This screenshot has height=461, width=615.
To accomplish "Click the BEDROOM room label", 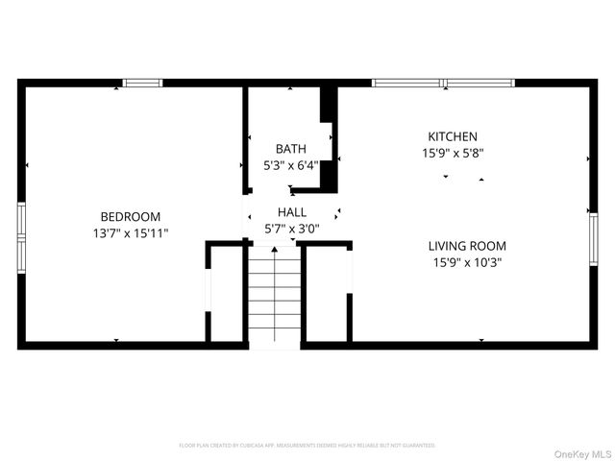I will (x=131, y=217).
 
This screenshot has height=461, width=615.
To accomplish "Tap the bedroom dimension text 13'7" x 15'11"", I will (x=131, y=233).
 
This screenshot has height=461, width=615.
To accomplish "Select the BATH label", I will (x=291, y=149).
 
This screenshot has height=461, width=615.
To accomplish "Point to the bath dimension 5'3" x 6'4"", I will (x=291, y=165).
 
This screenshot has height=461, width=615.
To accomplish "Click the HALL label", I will (x=292, y=212).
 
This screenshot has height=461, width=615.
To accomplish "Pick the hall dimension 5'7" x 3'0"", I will (x=292, y=229).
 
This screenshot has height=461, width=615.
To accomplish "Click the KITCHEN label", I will (x=452, y=137).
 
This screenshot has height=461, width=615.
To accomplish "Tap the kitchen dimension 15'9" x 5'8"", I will (x=452, y=154).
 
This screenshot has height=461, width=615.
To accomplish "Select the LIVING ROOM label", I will (x=467, y=246).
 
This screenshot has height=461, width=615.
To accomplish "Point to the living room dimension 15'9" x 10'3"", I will (x=467, y=262).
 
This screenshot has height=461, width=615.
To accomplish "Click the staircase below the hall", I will (x=277, y=298).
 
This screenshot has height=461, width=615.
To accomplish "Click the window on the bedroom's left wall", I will (x=20, y=236).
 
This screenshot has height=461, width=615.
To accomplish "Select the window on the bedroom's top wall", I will (x=143, y=84).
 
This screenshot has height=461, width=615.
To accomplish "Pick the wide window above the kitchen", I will (x=443, y=84).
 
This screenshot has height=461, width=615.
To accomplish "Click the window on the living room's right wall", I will (x=593, y=244).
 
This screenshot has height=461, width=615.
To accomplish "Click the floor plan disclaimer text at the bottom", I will (x=307, y=446).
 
